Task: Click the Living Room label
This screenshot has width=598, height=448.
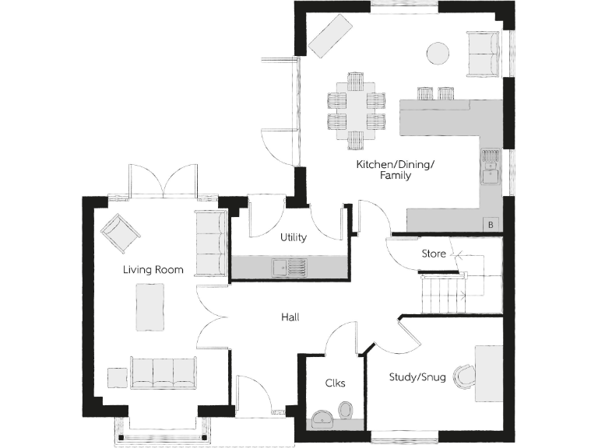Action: pos(153,270)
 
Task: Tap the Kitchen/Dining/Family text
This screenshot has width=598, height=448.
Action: pos(395,170)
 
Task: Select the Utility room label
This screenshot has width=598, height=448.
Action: pos(293,237)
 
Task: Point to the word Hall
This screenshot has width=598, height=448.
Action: pos(290,317)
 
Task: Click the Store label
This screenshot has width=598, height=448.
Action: pos(434,254)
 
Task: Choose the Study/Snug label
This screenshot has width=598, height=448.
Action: pos(417,378)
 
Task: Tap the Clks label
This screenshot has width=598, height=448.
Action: pos(335,383)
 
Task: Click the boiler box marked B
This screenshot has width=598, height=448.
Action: pos(490,225)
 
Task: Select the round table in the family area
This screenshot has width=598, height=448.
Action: pos(438,53)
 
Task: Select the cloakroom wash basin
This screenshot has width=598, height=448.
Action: pos(322,421)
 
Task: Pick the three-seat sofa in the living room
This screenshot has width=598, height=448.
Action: pos(163,373)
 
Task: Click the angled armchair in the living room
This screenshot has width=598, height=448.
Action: pos(120,233)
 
